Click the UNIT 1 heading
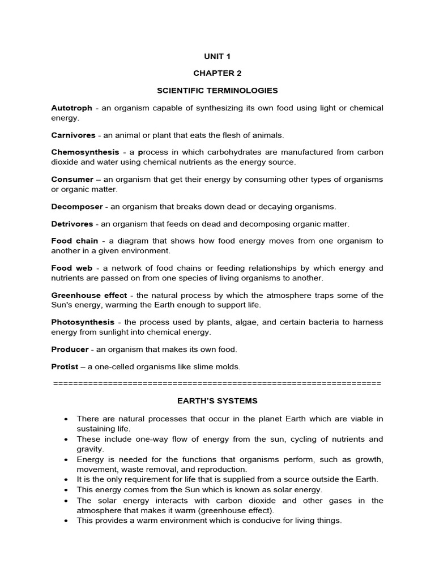pyautogui.click(x=217, y=56)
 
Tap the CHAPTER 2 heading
pyautogui.click(x=217, y=73)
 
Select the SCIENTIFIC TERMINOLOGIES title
pyautogui.click(x=217, y=90)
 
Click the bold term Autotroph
pyautogui.click(x=71, y=108)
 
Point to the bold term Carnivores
pyautogui.click(x=73, y=135)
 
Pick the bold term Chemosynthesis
pyautogui.click(x=85, y=152)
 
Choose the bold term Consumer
pyautogui.click(x=72, y=179)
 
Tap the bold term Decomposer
pyautogui.click(x=77, y=206)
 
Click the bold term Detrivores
pyautogui.click(x=73, y=224)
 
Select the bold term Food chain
pyautogui.click(x=74, y=241)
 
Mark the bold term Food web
pyautogui.click(x=70, y=268)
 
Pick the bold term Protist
pyautogui.click(x=65, y=366)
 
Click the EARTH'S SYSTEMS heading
pyautogui.click(x=217, y=401)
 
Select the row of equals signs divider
pyautogui.click(x=217, y=383)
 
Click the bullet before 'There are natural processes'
pyautogui.click(x=66, y=419)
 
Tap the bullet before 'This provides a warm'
pyautogui.click(x=66, y=521)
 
